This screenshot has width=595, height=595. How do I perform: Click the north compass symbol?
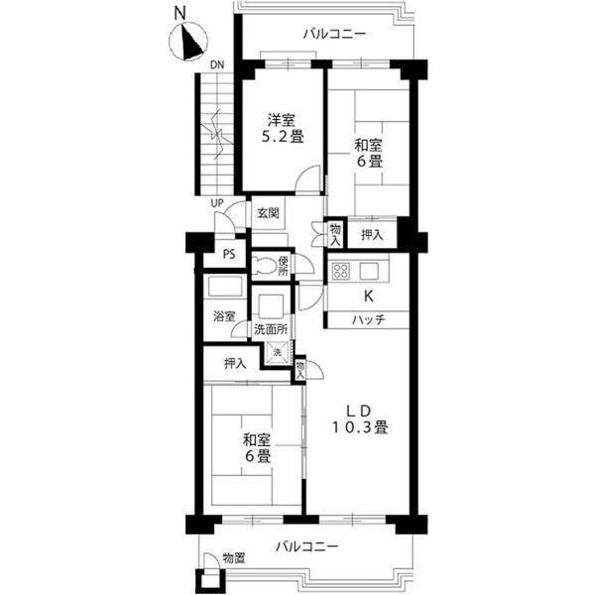[x=187, y=41]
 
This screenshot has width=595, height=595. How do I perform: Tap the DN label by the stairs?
[x=217, y=64]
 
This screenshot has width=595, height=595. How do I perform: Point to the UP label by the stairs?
[x=217, y=203]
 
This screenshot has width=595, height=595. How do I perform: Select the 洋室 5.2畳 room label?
[x=283, y=129]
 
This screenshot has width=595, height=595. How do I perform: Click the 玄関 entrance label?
[x=269, y=213]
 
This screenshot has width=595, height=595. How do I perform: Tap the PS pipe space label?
[x=229, y=254]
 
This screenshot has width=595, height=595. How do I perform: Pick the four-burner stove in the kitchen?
[x=340, y=271]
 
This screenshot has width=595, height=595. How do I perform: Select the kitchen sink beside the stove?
[x=369, y=271]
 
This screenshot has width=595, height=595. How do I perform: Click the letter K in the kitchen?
[x=368, y=296]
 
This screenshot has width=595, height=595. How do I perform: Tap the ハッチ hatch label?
[x=369, y=320]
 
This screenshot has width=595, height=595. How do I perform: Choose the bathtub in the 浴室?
[x=225, y=288]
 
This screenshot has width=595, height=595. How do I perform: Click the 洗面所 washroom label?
[x=271, y=329]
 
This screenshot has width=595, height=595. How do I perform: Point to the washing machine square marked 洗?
[x=278, y=352]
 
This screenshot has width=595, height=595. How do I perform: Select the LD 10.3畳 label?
[x=360, y=419]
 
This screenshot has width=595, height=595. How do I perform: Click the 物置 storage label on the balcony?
[x=234, y=557]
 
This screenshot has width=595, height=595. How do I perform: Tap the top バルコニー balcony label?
[x=334, y=35]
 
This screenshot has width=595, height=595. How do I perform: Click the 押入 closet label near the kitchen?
[x=372, y=235]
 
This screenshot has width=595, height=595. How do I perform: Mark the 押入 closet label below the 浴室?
[x=235, y=364]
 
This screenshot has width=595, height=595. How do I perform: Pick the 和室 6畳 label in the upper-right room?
[x=368, y=153]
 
